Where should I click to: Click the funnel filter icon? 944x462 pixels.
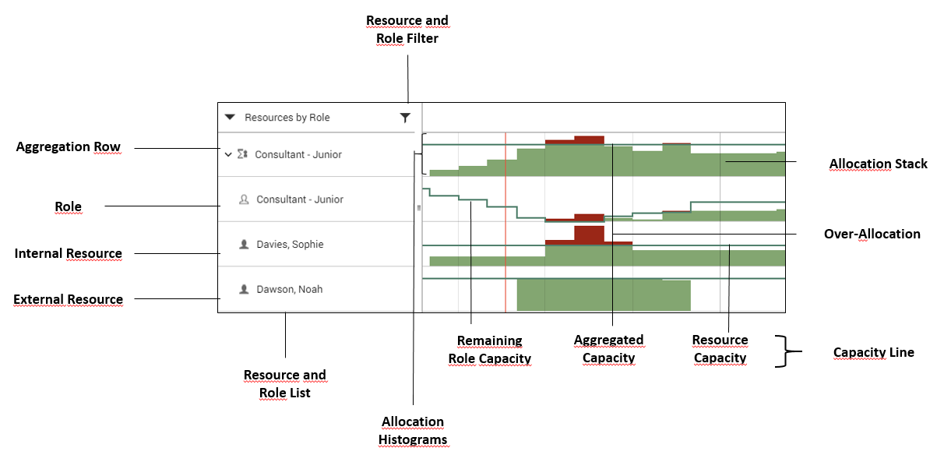click(405, 118)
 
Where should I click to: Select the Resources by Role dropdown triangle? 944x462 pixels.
click(230, 118)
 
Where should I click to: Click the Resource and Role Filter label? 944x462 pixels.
click(407, 29)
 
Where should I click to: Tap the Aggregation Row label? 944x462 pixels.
click(69, 146)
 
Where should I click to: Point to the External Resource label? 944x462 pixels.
click(69, 299)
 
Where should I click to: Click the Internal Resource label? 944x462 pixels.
click(69, 253)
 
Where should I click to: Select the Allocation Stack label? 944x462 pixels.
click(878, 164)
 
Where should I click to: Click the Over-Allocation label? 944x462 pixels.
click(872, 234)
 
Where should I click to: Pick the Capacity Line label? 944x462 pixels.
click(873, 352)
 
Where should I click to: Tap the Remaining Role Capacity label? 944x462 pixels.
click(489, 350)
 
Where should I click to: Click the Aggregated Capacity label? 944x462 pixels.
click(608, 349)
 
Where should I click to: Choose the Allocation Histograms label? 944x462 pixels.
click(412, 430)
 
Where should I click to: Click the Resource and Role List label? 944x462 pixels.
click(284, 383)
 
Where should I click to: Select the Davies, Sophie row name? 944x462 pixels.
click(290, 245)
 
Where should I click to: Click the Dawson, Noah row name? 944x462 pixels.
click(290, 289)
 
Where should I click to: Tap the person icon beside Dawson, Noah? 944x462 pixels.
click(244, 289)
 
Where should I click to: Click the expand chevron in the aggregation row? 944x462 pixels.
click(228, 154)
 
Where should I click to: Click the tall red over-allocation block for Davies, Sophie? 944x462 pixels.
click(589, 233)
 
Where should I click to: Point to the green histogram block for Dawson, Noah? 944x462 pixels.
click(604, 296)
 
